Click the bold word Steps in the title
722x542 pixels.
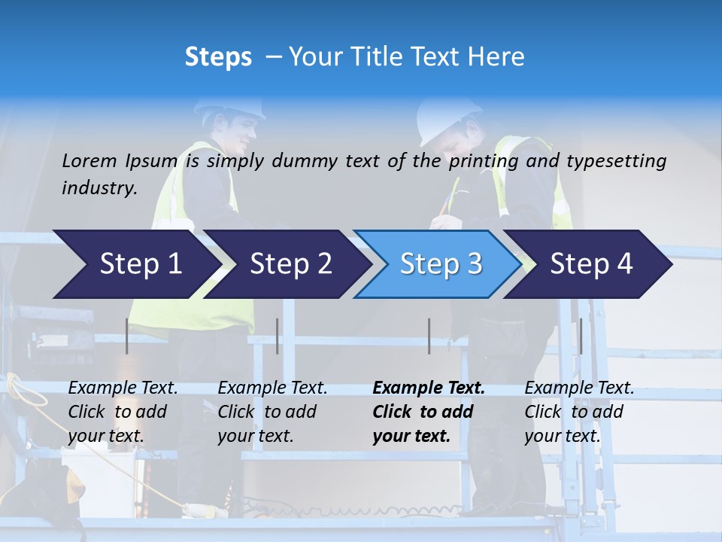click(x=218, y=57)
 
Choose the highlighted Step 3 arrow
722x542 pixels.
click(x=441, y=264)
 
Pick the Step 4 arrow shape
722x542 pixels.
click(x=591, y=264)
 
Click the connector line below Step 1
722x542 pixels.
click(x=127, y=336)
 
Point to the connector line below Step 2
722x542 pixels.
click(x=278, y=336)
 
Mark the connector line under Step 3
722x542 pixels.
click(x=429, y=336)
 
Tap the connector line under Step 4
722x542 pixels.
click(x=581, y=336)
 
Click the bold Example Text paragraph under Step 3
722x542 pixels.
click(x=429, y=412)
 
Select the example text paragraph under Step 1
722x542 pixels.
click(x=123, y=412)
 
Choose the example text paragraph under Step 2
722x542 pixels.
click(x=272, y=412)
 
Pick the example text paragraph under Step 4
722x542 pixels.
click(x=579, y=412)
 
